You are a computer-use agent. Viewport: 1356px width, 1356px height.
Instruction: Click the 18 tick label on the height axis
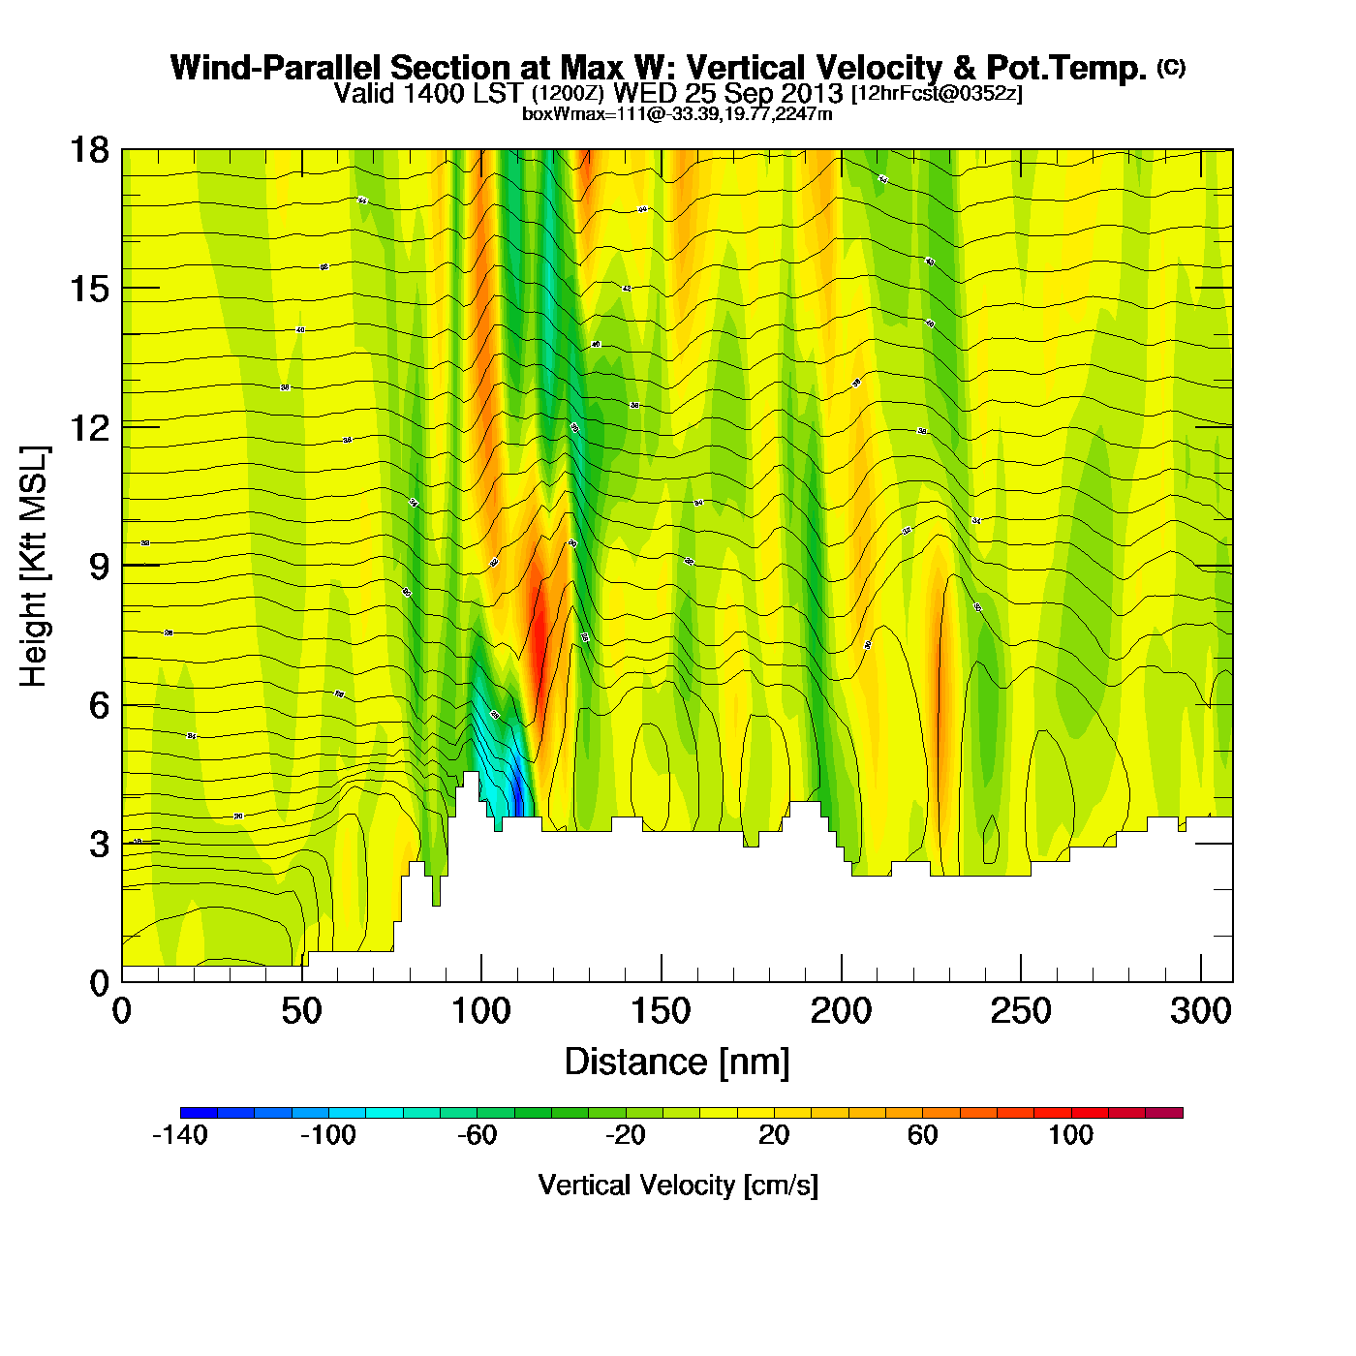88,150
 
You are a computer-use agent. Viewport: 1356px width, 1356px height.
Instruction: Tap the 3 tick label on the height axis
99,845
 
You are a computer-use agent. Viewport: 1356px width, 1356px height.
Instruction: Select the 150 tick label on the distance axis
661,1012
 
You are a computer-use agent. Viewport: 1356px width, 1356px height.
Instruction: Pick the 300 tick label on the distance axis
1200,1012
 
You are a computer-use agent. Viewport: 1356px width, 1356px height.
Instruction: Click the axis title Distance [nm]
677,1062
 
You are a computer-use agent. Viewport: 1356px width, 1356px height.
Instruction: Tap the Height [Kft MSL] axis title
34,567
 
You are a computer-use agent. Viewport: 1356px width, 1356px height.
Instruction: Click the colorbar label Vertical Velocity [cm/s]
678,1185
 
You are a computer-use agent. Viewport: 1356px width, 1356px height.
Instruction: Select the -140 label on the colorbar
180,1135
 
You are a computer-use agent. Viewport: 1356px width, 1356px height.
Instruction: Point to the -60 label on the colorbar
477,1135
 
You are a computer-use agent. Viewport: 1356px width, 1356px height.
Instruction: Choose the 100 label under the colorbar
1070,1135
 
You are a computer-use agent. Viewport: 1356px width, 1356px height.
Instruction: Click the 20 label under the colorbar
774,1135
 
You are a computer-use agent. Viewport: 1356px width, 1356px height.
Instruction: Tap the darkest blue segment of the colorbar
199,1113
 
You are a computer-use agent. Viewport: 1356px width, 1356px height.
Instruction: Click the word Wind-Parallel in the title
276,68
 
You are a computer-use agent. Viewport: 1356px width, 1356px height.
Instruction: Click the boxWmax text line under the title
677,113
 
